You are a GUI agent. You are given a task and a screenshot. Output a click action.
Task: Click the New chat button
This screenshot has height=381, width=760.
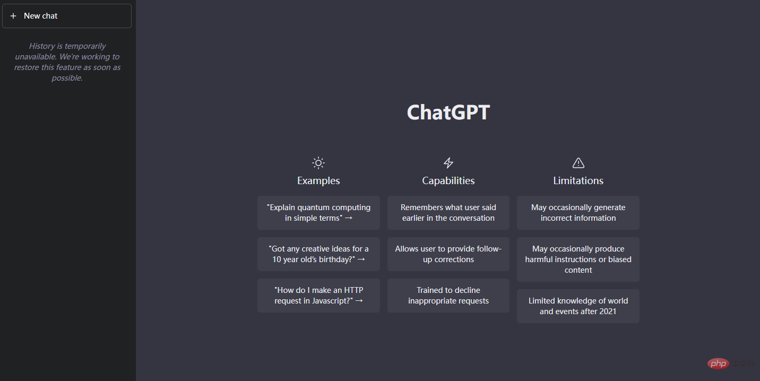click(x=67, y=16)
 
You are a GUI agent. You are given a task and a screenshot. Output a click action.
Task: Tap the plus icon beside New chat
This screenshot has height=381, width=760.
click(x=13, y=16)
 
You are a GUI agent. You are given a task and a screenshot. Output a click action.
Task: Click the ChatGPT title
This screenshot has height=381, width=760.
click(x=448, y=112)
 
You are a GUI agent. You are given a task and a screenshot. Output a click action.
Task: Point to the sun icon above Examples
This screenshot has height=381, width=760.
click(x=318, y=163)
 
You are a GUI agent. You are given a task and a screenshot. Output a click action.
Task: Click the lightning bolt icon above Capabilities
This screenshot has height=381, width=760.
click(x=448, y=163)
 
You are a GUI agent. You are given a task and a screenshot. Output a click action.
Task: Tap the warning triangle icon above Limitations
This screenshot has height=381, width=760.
click(x=578, y=163)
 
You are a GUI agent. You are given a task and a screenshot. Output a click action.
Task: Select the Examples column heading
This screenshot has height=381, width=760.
click(x=318, y=181)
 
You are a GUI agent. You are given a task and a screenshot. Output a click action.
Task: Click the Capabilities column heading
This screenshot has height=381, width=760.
click(x=448, y=181)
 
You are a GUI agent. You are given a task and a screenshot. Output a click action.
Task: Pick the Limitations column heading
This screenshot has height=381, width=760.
click(x=578, y=181)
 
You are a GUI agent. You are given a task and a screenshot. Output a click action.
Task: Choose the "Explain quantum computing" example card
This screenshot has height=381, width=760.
click(x=318, y=213)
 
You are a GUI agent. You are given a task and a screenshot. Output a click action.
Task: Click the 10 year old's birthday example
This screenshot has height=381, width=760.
click(x=318, y=254)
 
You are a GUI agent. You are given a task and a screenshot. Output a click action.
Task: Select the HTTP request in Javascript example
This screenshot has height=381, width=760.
click(x=318, y=296)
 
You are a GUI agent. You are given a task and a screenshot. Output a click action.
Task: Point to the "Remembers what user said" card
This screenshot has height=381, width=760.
click(x=448, y=213)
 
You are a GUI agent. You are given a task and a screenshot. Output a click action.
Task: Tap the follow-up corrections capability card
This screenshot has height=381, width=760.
click(x=448, y=254)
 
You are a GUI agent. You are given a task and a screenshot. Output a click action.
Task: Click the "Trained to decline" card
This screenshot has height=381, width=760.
click(x=448, y=296)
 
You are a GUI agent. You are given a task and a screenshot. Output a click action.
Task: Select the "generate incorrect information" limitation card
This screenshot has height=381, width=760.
click(x=578, y=213)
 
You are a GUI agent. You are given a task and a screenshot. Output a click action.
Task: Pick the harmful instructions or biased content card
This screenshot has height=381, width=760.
click(x=578, y=259)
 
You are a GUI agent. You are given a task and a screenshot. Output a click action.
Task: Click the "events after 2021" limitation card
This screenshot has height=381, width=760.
click(x=578, y=306)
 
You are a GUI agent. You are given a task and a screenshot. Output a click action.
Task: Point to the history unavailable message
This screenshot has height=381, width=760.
click(x=67, y=62)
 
